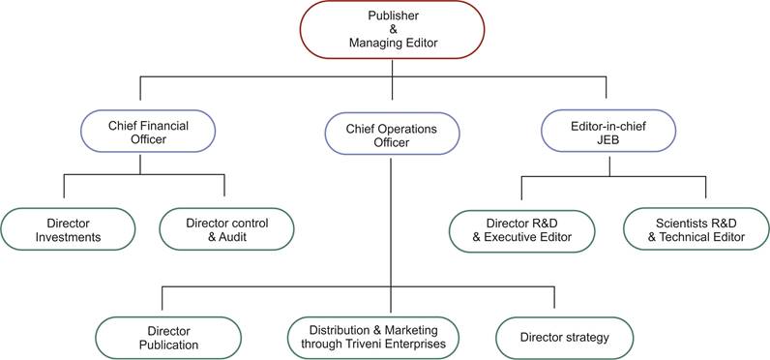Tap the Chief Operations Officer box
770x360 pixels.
click(392, 135)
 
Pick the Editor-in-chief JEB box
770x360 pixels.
click(607, 132)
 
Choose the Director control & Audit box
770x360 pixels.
click(225, 229)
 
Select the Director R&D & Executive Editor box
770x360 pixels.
click(521, 230)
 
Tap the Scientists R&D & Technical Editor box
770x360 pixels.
click(696, 230)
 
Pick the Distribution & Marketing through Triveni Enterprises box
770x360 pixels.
click(372, 337)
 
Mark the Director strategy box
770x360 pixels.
click(565, 337)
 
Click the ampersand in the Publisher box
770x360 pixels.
click(393, 30)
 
